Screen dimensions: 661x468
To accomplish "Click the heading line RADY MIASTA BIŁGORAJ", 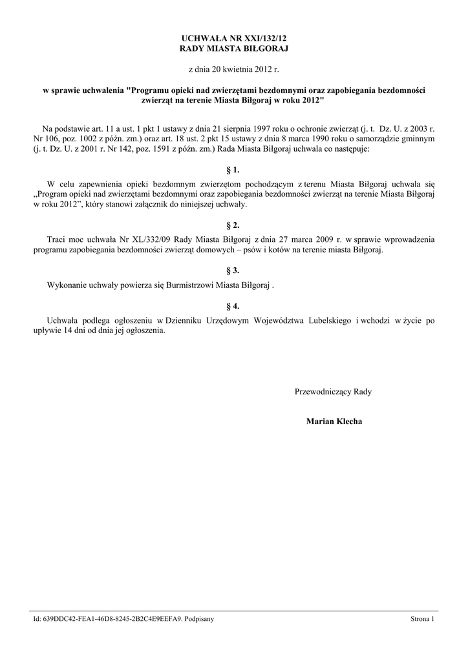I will pos(233,49).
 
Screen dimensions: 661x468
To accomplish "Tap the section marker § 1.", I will pos(233,170).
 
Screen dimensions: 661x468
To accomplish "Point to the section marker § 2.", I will pos(233,225).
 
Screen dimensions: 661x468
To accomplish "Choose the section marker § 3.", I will pos(233,270).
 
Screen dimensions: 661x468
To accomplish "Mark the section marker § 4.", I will pos(233,306).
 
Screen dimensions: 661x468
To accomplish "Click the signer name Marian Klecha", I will pos(334,422).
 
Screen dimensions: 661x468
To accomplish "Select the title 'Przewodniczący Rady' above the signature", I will pos(333,391).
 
